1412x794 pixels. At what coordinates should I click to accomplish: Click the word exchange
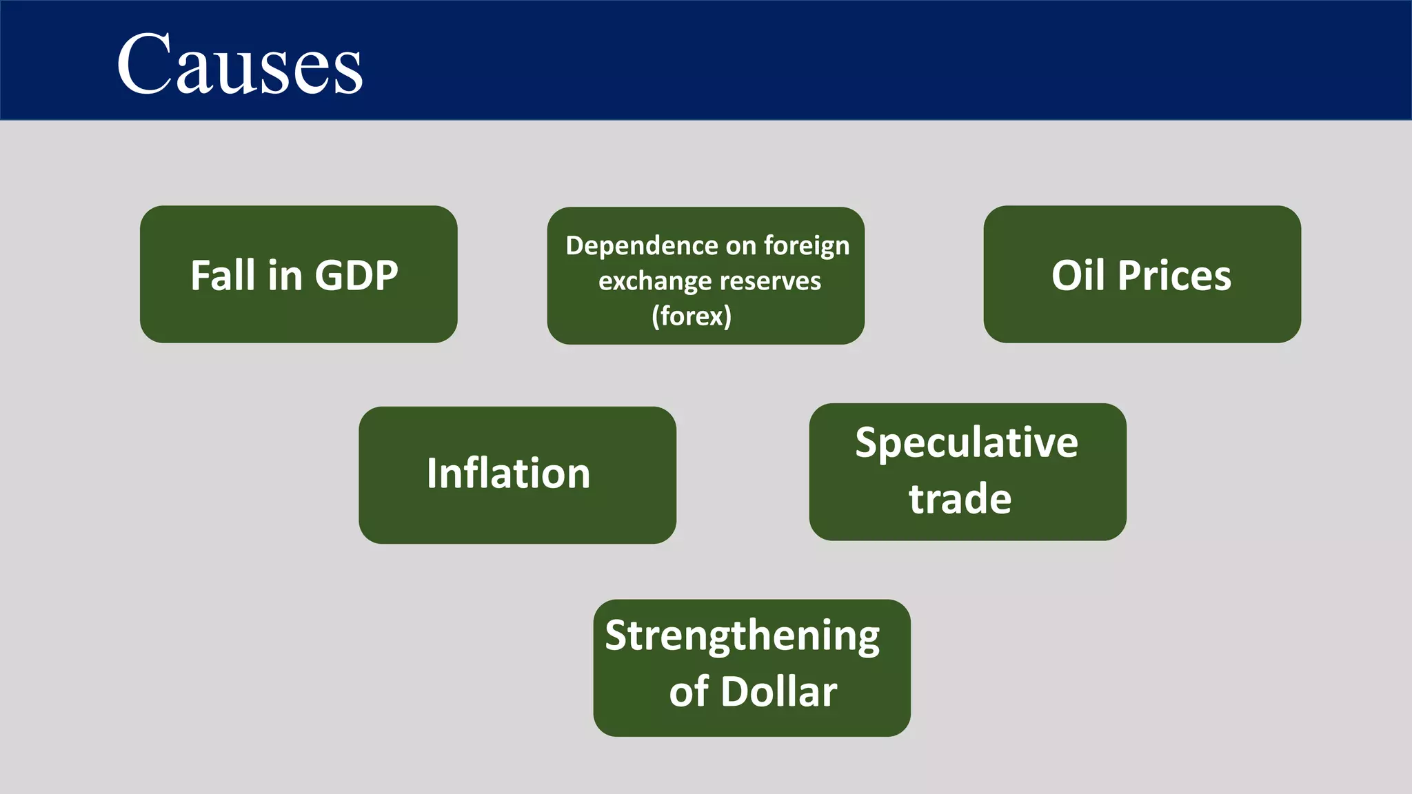click(x=655, y=281)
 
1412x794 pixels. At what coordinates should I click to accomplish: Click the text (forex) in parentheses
click(x=692, y=316)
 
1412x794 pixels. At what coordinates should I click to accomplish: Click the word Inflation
click(x=508, y=474)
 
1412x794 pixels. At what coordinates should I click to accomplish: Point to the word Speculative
click(x=967, y=442)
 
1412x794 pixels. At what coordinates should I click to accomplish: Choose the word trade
click(x=960, y=499)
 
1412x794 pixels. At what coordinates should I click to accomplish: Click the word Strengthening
click(x=742, y=636)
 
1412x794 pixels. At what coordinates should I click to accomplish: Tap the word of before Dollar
click(x=689, y=691)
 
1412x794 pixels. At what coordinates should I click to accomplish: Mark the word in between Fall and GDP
click(x=285, y=276)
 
